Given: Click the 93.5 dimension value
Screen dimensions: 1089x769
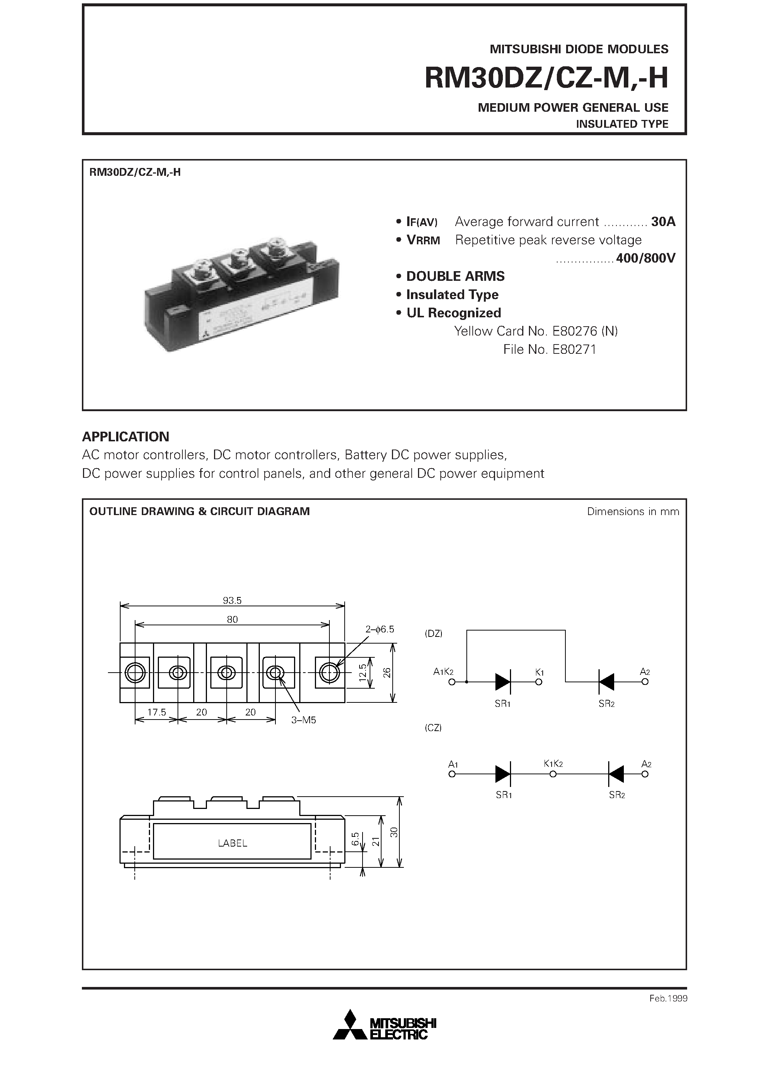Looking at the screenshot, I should coord(232,600).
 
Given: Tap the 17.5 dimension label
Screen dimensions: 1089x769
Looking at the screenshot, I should coord(156,712).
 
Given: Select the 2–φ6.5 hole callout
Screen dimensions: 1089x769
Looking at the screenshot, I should coord(380,629).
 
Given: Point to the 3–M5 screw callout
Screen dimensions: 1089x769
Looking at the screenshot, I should coord(303,720).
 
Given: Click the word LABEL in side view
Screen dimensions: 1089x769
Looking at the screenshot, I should coord(232,843).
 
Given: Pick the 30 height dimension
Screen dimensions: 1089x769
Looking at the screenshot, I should coord(394,832).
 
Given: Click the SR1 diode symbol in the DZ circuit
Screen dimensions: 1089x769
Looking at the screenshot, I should coord(502,682).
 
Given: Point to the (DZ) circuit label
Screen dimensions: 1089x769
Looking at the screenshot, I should coord(433,634).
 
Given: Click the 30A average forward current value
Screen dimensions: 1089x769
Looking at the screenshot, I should coord(663,222).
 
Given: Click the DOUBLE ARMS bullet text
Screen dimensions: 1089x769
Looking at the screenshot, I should coord(455,276).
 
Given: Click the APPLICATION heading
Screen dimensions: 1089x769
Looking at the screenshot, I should coord(126,436).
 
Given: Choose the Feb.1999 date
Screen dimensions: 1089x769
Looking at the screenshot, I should coord(668,998).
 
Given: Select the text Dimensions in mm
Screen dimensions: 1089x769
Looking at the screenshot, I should coord(633,511).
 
